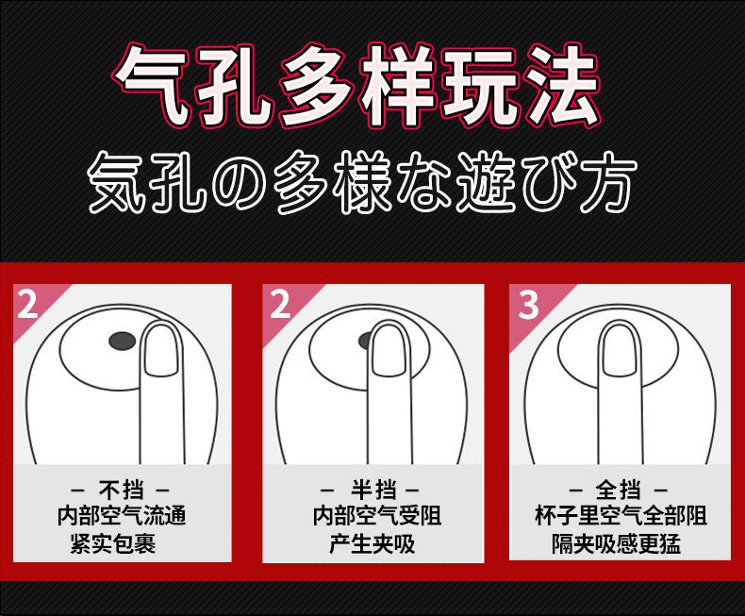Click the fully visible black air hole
coord(123,341)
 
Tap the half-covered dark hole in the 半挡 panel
coord(365,341)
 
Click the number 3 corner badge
coord(528,305)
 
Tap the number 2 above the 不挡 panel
coord(26,304)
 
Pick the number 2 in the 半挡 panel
coord(280,304)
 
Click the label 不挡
coord(121,490)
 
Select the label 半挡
coord(373,490)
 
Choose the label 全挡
coord(618,490)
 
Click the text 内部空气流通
coord(122,516)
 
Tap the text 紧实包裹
coord(113,543)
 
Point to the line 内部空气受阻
coord(377,516)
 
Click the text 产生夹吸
coord(372,543)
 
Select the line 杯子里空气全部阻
coord(621,516)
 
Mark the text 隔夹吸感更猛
coord(616,543)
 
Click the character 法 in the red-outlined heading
coord(562,87)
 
